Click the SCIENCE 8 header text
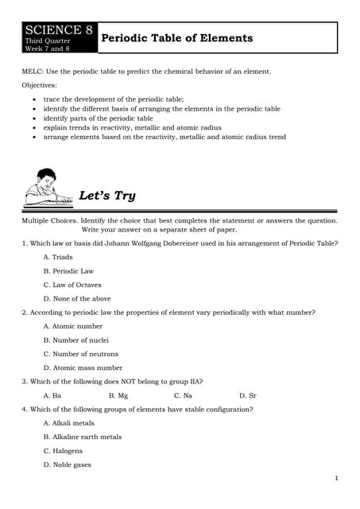click(x=59, y=30)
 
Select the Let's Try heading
click(x=107, y=196)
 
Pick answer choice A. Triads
click(x=57, y=257)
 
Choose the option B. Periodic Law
click(x=68, y=271)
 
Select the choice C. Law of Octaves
click(x=72, y=285)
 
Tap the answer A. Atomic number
click(x=73, y=326)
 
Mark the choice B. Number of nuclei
click(x=76, y=340)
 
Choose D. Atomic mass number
click(x=83, y=367)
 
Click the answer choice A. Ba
click(x=52, y=395)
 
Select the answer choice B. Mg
click(x=118, y=395)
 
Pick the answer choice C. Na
click(x=183, y=395)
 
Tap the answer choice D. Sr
click(x=248, y=395)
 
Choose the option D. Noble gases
click(x=68, y=464)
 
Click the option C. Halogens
click(x=63, y=451)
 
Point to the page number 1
click(x=337, y=478)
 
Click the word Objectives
click(x=40, y=84)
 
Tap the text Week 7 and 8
click(x=48, y=48)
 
